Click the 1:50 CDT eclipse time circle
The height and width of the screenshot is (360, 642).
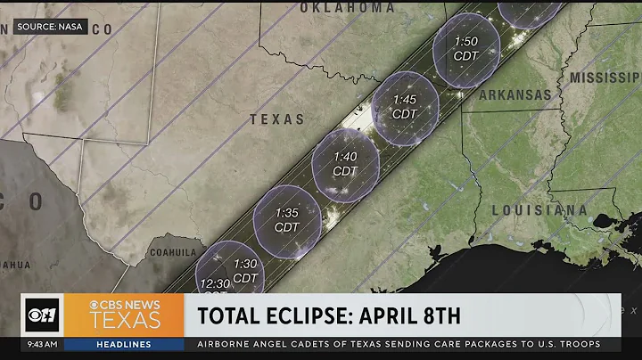(x=466, y=49)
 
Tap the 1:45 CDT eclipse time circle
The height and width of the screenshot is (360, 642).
(x=405, y=107)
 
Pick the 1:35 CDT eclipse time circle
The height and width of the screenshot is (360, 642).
(x=287, y=220)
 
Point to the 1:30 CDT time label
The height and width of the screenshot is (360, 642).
(x=245, y=271)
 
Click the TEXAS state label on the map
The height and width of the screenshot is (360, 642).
(x=276, y=119)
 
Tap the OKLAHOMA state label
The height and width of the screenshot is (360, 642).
(x=347, y=8)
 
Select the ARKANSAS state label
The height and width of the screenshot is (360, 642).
(x=514, y=94)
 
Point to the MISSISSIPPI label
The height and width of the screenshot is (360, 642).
(x=606, y=77)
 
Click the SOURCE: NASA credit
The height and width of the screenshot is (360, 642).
(x=50, y=28)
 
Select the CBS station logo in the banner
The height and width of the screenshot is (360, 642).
(x=41, y=315)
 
